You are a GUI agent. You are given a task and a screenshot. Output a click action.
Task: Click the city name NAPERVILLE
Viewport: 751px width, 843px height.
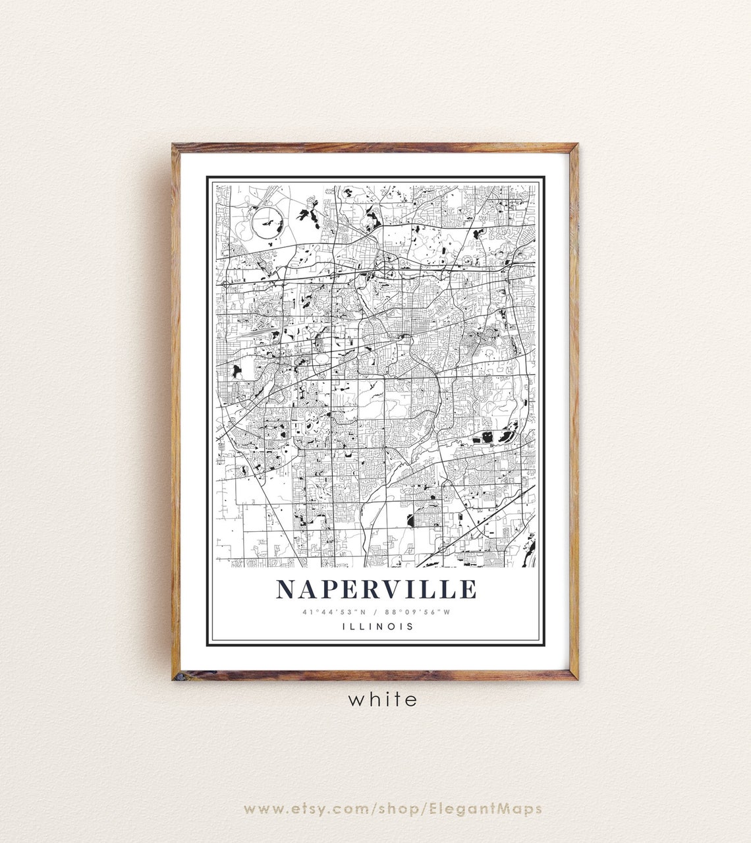click(375, 589)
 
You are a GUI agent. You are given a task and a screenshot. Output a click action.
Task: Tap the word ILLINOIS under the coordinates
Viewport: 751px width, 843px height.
click(378, 626)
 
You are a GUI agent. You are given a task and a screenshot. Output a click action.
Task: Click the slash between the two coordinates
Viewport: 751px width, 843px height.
click(375, 612)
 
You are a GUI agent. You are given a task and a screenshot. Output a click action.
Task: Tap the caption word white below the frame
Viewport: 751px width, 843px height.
click(383, 699)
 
